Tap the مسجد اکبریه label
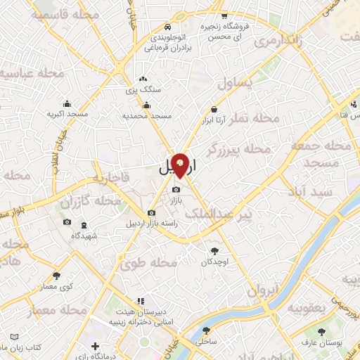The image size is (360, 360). point(67,114)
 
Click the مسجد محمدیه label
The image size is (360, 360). point(148,115)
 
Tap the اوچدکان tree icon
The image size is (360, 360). point(214,250)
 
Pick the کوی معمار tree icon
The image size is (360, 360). point(57,276)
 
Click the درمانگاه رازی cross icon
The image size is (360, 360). point(96,347)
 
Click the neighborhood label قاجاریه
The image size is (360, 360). point(115,181)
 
